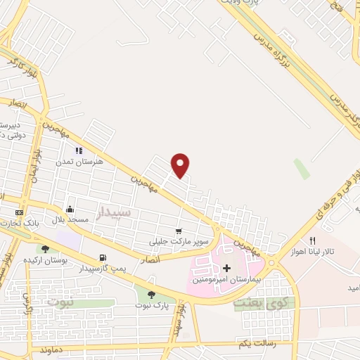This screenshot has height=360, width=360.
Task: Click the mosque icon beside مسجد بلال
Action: coord(70,210)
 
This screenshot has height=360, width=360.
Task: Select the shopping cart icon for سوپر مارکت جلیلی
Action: coord(179,231)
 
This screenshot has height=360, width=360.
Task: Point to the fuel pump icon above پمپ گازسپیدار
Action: coord(103,257)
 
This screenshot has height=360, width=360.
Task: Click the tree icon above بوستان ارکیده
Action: coord(46,248)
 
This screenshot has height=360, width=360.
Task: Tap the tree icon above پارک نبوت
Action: coord(151,295)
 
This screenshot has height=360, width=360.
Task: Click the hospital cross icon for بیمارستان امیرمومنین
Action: coord(226,268)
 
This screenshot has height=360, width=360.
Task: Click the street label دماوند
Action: coord(55,349)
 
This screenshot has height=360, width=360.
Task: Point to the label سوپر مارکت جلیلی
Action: coord(172,243)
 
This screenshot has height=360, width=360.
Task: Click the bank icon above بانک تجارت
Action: coord(19,212)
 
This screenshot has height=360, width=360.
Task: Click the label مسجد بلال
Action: coord(69,220)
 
